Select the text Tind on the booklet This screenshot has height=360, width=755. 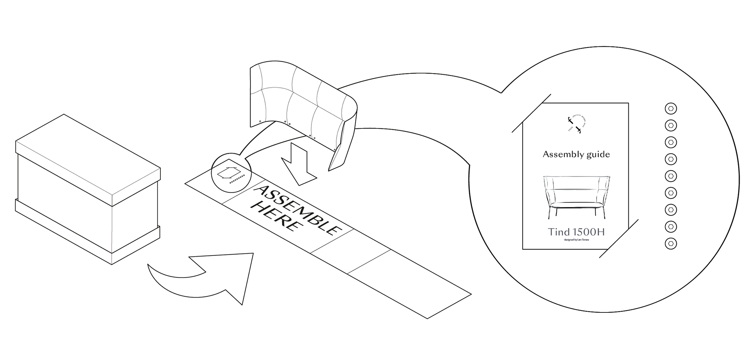pyautogui.click(x=559, y=232)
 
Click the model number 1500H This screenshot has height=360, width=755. pyautogui.click(x=588, y=232)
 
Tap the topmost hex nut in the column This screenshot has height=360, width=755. pyautogui.click(x=670, y=108)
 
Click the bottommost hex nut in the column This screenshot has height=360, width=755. pyautogui.click(x=670, y=244)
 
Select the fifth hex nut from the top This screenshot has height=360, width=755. pyautogui.click(x=670, y=176)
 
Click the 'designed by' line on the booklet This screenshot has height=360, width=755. pyautogui.click(x=576, y=240)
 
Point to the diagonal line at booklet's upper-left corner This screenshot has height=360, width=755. pyautogui.click(x=531, y=113)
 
